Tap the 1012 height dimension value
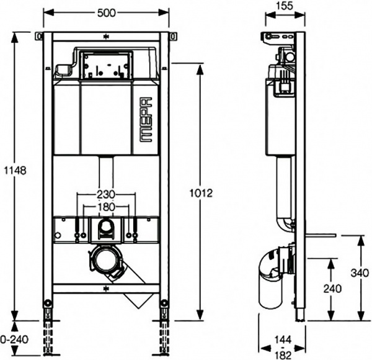[202, 193]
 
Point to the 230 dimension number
[107, 194]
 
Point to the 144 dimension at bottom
[283, 340]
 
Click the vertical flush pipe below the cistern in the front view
[107, 171]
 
